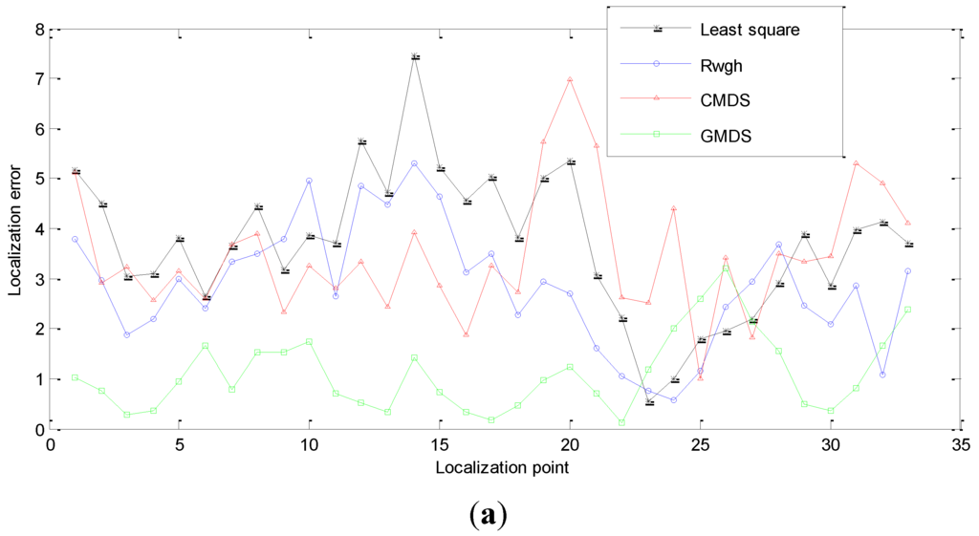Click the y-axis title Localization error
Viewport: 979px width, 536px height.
pos(15,228)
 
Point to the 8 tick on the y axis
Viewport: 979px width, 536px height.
pos(39,29)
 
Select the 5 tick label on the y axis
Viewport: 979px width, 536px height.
pos(39,179)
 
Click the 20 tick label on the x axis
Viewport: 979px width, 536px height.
pos(569,445)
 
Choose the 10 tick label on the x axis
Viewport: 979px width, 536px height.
pos(309,445)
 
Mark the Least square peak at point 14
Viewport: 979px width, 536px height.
pos(414,56)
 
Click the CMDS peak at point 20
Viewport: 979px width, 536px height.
pos(570,79)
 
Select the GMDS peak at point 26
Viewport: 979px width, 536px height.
pos(726,268)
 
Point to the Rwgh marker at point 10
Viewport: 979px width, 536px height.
pos(310,181)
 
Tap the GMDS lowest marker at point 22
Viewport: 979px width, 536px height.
pos(621,422)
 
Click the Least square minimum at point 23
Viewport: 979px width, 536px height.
pos(648,402)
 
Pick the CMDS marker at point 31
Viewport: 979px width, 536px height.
pos(856,163)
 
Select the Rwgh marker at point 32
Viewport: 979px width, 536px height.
pos(881,375)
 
